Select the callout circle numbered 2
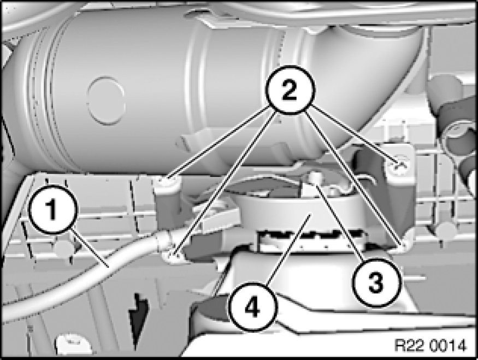(x=290, y=90)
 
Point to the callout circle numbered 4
(x=253, y=307)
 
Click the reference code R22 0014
(x=430, y=346)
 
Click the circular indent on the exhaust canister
(x=106, y=101)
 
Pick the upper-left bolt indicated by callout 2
(x=167, y=182)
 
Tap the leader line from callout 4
(x=288, y=251)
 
